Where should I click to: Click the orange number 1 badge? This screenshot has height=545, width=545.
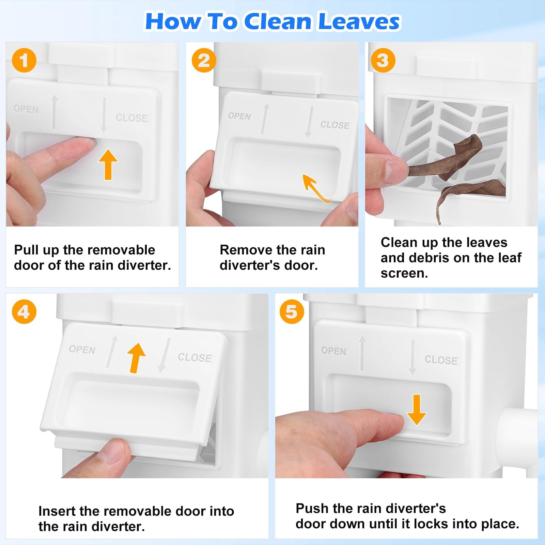tap(24, 60)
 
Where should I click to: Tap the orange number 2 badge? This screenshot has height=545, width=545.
tap(204, 60)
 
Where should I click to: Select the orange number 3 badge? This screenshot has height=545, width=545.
tap(383, 60)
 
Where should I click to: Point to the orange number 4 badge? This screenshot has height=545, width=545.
tap(24, 312)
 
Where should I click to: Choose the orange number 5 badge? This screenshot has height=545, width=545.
tap(292, 312)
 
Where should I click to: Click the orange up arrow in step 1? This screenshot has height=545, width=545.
tap(108, 164)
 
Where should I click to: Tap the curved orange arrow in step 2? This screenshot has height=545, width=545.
tap(315, 188)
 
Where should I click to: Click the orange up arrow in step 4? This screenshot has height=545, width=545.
tap(136, 358)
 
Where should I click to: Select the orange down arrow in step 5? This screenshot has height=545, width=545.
tap(416, 410)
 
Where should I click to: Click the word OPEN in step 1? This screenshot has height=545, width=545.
tap(26, 109)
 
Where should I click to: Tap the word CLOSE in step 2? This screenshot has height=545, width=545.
tap(334, 125)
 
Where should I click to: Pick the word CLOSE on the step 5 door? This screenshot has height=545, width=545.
tap(441, 360)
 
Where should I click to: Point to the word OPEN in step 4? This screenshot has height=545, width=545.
tap(82, 350)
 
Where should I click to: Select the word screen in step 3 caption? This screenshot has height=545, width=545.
tap(404, 274)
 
